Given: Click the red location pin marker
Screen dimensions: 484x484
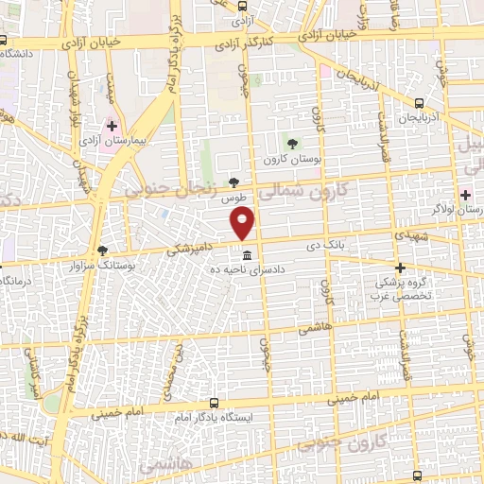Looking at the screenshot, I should click(244, 223).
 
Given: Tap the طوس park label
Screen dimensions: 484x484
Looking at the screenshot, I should click(233, 199).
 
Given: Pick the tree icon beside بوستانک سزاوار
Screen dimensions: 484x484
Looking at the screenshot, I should click(102, 250).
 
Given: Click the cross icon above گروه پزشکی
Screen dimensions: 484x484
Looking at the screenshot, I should click(401, 268).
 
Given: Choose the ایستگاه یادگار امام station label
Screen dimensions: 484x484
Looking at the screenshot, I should click(213, 417).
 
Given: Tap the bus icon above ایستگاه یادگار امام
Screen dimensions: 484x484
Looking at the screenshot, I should click(213, 401).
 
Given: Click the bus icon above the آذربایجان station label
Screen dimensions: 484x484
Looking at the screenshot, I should click(419, 102).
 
